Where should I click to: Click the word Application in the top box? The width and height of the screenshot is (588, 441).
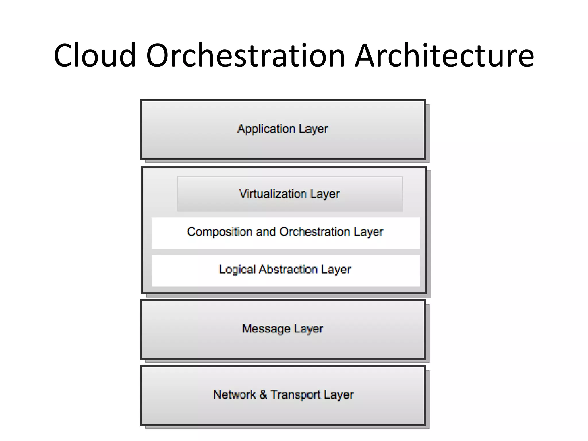click(266, 129)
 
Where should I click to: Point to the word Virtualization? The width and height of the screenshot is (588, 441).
click(273, 194)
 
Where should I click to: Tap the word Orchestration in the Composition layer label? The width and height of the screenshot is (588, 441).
click(315, 232)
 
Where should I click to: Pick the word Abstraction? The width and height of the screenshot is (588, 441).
click(289, 270)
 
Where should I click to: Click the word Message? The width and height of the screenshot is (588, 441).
click(266, 329)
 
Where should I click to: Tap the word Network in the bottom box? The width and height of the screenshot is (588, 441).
click(235, 394)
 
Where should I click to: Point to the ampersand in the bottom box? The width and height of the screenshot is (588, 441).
click(263, 394)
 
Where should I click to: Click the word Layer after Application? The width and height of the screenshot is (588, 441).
click(313, 129)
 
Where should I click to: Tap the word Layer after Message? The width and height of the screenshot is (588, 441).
click(309, 329)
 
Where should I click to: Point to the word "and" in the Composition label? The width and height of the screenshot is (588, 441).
click(266, 232)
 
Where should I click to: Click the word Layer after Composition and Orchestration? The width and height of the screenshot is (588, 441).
click(368, 232)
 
